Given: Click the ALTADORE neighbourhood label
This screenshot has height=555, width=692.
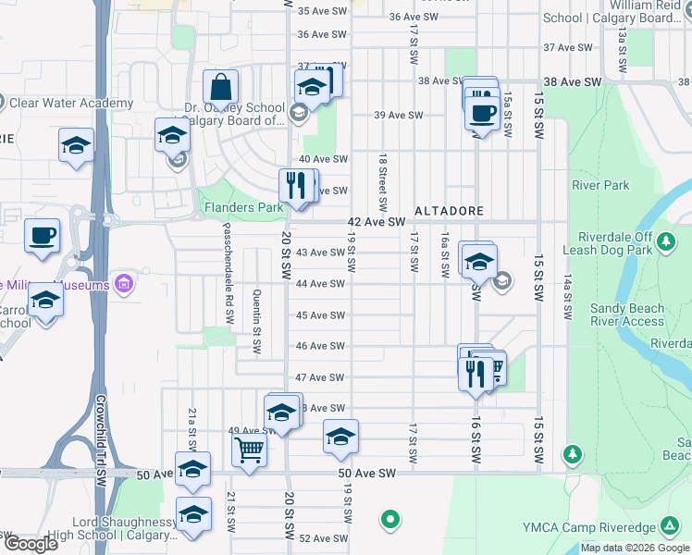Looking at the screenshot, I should click(x=449, y=211).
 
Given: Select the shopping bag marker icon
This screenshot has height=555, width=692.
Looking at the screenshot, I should click(x=221, y=88).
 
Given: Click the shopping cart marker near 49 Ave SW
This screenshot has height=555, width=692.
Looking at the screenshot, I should click(x=249, y=450).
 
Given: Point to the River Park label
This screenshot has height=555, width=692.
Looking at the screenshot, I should click(x=600, y=185).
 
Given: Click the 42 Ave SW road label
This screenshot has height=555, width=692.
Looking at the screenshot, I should click(x=377, y=222).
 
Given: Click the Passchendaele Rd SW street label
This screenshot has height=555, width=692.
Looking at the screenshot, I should click(x=227, y=267).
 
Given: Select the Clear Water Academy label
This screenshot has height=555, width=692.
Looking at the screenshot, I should click(x=71, y=103).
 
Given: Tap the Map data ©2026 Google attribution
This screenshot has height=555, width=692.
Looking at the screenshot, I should click(x=635, y=548).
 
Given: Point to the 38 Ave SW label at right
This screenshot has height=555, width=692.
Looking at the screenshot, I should click(x=573, y=81).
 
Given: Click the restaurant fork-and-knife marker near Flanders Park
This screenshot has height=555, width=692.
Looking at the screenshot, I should click(x=297, y=185).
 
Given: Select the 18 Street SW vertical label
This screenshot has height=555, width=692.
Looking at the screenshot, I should click(x=381, y=181).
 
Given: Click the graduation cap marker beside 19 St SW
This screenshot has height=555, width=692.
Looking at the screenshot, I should click(x=340, y=437).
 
